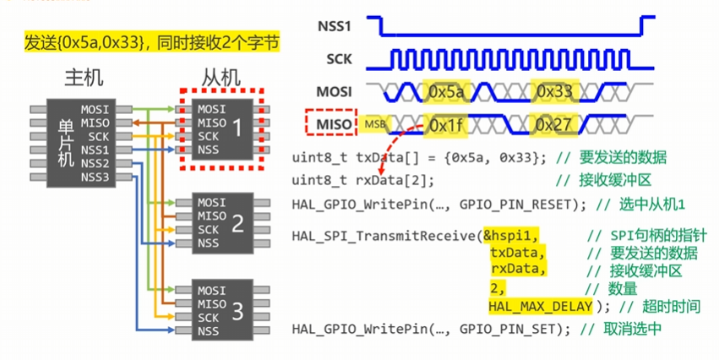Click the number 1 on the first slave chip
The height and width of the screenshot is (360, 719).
coord(237,128)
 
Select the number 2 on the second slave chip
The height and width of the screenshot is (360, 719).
coord(237,223)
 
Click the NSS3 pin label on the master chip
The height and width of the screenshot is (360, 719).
coord(95,176)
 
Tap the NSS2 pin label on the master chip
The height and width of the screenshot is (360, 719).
coord(95,163)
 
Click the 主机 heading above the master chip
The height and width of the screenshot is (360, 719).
coord(84,78)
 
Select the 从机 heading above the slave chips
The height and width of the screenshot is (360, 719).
coord(221,78)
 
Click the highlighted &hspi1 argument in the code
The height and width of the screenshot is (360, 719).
coord(511,234)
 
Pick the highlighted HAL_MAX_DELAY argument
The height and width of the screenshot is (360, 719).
coord(541,305)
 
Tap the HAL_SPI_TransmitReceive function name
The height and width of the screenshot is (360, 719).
coord(385,234)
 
